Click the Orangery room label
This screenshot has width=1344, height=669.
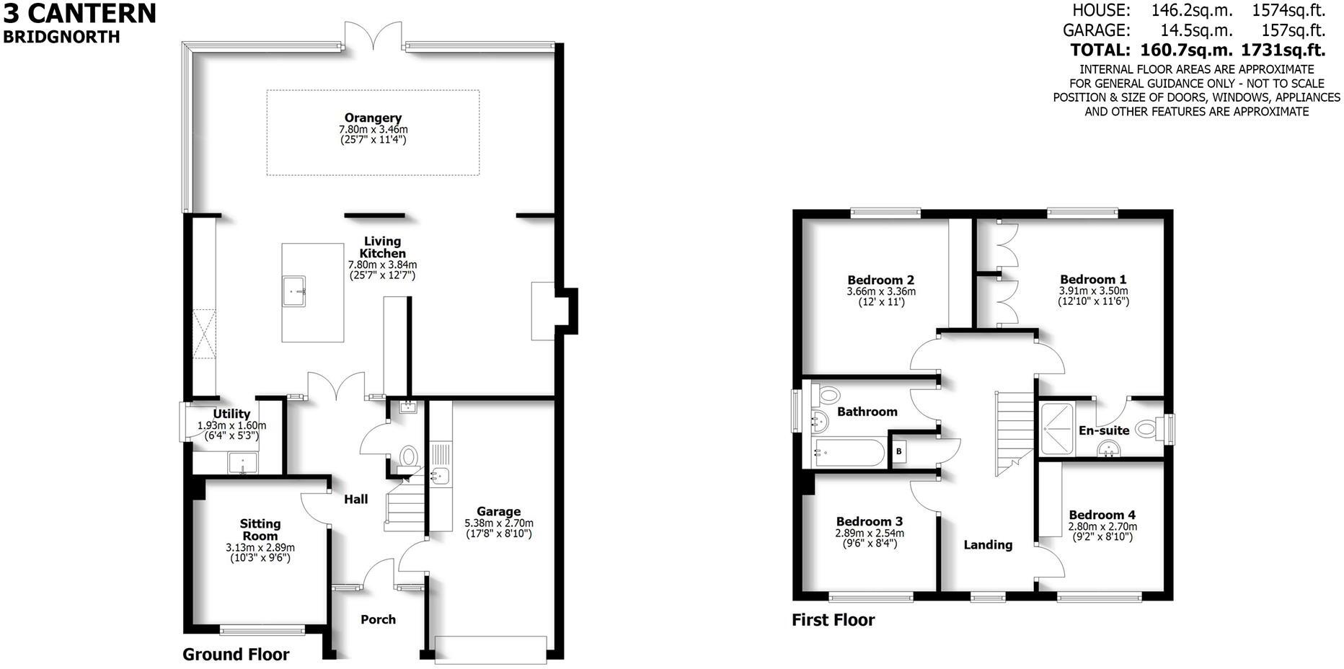[373, 118]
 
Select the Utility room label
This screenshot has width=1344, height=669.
[231, 414]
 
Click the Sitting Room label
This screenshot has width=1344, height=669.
[260, 530]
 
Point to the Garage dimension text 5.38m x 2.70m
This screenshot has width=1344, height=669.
[499, 523]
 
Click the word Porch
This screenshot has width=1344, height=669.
[378, 619]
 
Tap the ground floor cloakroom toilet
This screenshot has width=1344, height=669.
[409, 456]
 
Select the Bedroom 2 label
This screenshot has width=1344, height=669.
[881, 280]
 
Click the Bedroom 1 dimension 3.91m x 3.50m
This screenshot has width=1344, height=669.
[1093, 291]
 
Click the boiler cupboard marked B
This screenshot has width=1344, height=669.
[899, 452]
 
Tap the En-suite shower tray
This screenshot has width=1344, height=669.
[1057, 428]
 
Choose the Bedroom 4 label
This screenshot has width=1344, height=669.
[1102, 515]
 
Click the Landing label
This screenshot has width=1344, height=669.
[988, 545]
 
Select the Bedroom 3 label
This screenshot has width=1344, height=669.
[870, 521]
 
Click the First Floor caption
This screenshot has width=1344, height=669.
[833, 620]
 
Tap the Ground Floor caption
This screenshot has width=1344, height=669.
[236, 655]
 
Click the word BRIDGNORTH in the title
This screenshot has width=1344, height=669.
[62, 37]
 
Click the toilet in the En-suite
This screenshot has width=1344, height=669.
[1145, 430]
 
